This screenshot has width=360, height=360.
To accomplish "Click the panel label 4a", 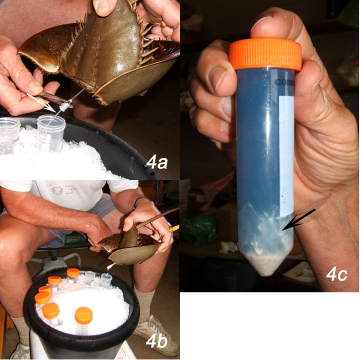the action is (x=157, y=163).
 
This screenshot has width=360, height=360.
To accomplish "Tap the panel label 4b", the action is (x=157, y=342).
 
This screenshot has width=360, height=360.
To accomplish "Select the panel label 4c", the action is (x=336, y=275).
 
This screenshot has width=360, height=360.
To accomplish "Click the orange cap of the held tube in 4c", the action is (x=265, y=54).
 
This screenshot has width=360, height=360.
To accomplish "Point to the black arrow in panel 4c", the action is (x=298, y=219).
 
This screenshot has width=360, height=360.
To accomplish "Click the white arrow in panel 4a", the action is (x=41, y=102).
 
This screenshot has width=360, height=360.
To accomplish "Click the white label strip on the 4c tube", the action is (x=286, y=156).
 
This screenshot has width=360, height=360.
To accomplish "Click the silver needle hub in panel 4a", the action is (x=65, y=107).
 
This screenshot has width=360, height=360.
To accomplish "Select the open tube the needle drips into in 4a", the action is (x=51, y=133).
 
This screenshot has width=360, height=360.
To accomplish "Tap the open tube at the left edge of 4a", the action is (x=9, y=136).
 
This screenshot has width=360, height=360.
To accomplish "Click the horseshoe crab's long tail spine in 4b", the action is (x=156, y=218).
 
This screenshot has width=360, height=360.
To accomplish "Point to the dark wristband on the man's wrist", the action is (x=137, y=201).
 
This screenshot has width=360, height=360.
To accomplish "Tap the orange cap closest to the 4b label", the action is (x=84, y=315).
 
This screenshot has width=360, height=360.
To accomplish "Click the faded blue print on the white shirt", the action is (x=59, y=191).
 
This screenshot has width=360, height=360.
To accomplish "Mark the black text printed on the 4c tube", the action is (x=286, y=83).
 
